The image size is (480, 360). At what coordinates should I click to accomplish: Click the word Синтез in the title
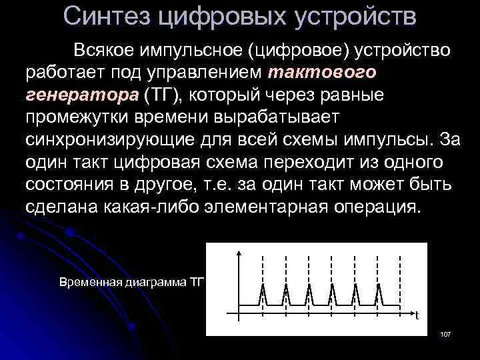[x=107, y=15]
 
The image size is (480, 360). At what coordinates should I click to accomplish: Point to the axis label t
[x=417, y=315]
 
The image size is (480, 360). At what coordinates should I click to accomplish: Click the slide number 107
[x=446, y=333]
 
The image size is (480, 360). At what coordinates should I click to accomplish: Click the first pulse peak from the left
[x=263, y=286]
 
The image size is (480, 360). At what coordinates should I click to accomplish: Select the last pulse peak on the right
[x=379, y=286]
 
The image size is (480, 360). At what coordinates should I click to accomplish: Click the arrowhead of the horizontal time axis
[x=407, y=311]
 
